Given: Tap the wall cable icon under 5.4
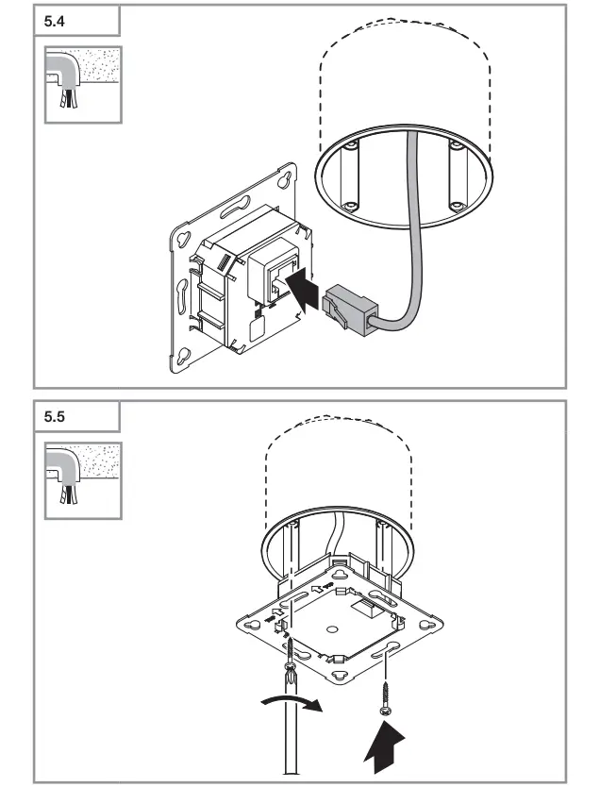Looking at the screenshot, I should click(83, 82).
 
